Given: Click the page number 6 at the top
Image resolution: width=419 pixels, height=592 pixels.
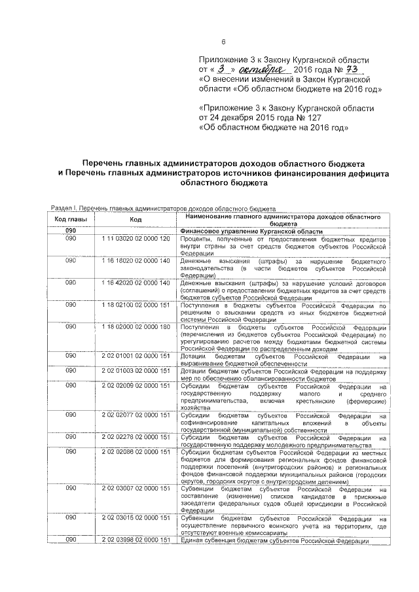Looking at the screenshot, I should tap(224, 43).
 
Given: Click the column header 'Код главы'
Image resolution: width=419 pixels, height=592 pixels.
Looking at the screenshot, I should tap(71, 219).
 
